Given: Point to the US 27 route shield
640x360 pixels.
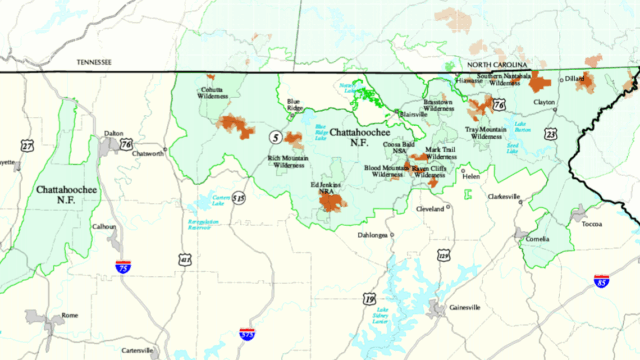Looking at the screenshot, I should pyautogui.click(x=28, y=147).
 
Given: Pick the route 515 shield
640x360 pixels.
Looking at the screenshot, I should pyautogui.click(x=238, y=198).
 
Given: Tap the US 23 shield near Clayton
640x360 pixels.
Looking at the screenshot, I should pyautogui.click(x=550, y=133).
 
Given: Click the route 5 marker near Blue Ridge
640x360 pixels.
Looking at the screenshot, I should pyautogui.click(x=274, y=136).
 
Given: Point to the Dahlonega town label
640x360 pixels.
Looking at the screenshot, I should pyautogui.click(x=372, y=235).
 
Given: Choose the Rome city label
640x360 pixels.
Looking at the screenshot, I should pyautogui.click(x=70, y=315).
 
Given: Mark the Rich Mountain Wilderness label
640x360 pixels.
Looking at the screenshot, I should pyautogui.click(x=287, y=162).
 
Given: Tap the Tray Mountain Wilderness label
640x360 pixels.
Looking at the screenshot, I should pyautogui.click(x=488, y=133).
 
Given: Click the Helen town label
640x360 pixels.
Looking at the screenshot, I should pyautogui.click(x=471, y=177).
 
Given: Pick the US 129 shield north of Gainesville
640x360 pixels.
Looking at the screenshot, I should pyautogui.click(x=442, y=257).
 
